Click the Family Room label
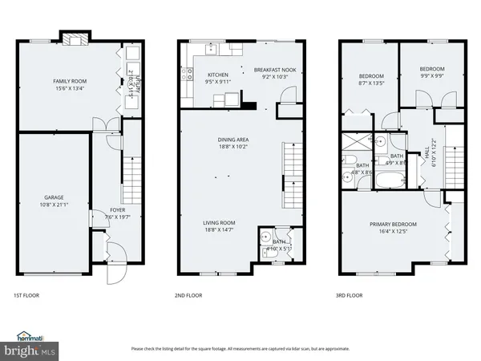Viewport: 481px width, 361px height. point(70,82)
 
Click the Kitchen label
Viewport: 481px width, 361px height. point(196,75)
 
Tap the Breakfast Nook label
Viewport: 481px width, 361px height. point(275,70)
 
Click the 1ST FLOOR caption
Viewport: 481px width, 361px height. point(26,295)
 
